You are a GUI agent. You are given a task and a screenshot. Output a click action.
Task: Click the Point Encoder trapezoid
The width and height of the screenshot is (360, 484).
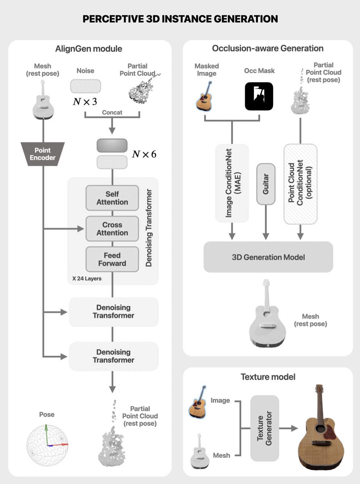pyautogui.click(x=43, y=154)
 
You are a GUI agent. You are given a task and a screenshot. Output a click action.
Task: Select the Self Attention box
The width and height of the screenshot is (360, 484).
pyautogui.click(x=112, y=198)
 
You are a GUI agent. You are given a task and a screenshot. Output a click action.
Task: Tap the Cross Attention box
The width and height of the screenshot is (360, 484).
pyautogui.click(x=112, y=229)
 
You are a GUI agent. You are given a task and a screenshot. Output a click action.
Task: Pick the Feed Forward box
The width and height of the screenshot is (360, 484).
pyautogui.click(x=112, y=259)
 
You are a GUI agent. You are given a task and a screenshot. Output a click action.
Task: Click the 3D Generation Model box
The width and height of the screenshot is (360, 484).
pyautogui.click(x=268, y=257)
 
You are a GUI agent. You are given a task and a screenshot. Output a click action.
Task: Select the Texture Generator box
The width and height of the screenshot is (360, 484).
pyautogui.click(x=265, y=428)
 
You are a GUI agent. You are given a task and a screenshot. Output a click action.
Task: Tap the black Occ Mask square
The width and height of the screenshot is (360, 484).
pyautogui.click(x=259, y=96)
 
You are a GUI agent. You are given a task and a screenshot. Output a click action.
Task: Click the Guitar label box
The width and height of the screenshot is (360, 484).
pyautogui.click(x=266, y=184)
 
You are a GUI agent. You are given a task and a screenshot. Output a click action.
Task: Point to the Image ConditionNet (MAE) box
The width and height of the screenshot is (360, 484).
pyautogui.click(x=232, y=183)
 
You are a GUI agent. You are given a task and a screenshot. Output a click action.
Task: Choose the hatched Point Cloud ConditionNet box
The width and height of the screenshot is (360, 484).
pyautogui.click(x=300, y=184)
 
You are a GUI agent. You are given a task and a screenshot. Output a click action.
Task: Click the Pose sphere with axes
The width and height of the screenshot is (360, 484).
pyautogui.click(x=47, y=445)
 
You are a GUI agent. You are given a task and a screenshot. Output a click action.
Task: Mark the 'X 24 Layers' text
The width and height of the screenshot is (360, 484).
pyautogui.click(x=87, y=279)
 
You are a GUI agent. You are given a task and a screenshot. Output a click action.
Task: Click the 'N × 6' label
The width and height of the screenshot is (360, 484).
pyautogui.click(x=144, y=154)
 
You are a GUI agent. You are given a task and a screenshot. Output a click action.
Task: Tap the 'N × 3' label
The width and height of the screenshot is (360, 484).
pyautogui.click(x=85, y=102)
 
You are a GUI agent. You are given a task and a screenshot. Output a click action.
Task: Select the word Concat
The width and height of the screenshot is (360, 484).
pyautogui.click(x=112, y=113)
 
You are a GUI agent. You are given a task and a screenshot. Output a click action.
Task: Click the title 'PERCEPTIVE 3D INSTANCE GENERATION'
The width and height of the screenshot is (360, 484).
pyautogui.click(x=180, y=19)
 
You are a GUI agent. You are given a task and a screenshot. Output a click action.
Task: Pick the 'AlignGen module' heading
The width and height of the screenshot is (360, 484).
pyautogui.click(x=89, y=49)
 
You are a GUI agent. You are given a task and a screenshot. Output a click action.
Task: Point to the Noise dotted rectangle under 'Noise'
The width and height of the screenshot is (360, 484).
pyautogui.click(x=85, y=86)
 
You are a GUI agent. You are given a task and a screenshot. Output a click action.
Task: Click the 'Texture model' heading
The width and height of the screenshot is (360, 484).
pyautogui.click(x=268, y=377)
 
